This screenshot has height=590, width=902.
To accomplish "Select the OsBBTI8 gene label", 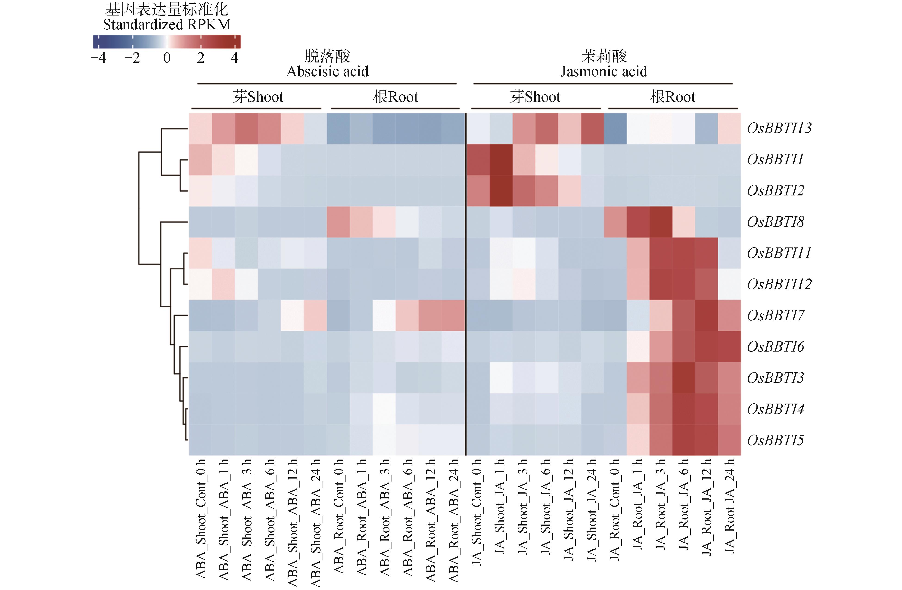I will pyautogui.click(x=775, y=222).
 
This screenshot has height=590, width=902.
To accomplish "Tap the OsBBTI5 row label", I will pyautogui.click(x=775, y=440).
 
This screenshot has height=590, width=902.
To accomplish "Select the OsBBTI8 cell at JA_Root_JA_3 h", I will pyautogui.click(x=661, y=222).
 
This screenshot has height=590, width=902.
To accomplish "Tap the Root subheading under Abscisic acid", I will pyautogui.click(x=395, y=97).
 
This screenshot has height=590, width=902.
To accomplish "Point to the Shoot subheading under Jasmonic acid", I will pyautogui.click(x=535, y=97).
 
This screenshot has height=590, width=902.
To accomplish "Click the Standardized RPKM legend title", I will pyautogui.click(x=167, y=25).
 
